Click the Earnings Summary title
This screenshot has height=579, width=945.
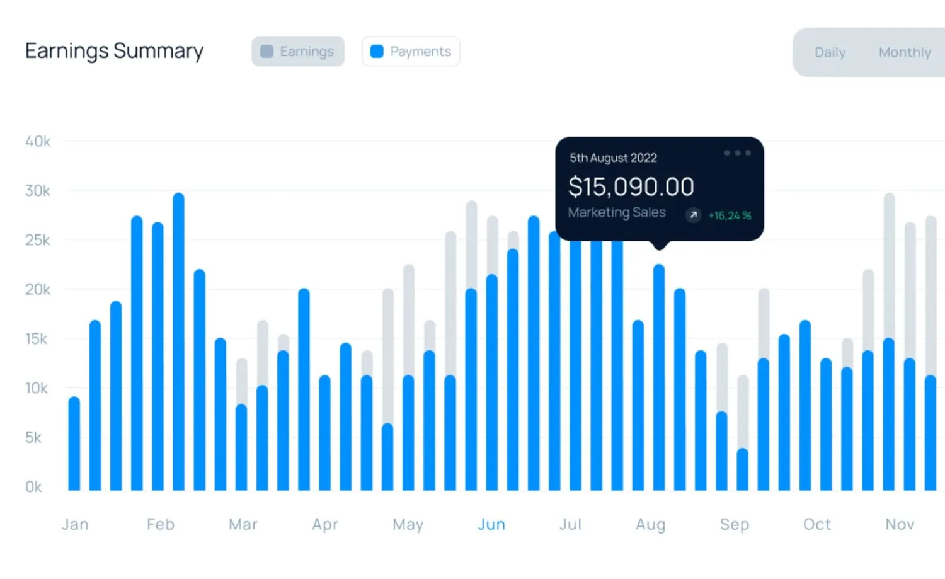114,51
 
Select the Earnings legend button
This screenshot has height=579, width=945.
298,52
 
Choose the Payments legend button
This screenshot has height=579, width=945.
411,52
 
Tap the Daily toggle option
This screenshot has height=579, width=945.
830,52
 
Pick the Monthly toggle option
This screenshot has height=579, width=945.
905,52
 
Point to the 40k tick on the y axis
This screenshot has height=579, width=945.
38,141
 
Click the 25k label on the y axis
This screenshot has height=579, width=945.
38,240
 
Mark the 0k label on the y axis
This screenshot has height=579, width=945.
34,487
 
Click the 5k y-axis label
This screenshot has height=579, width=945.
33,438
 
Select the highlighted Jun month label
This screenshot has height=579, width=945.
491,525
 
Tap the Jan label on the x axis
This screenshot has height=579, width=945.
75,525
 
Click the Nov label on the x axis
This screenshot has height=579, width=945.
900,525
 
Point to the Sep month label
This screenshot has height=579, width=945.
735,525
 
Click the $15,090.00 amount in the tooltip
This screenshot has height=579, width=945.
631,186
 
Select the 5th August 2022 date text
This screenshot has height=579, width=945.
614,158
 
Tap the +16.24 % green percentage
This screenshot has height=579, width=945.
730,215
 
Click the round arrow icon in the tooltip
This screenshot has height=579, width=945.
693,215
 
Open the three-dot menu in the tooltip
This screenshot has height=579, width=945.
738,152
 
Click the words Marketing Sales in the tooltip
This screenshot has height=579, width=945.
617,212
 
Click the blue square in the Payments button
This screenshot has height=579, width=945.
377,52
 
